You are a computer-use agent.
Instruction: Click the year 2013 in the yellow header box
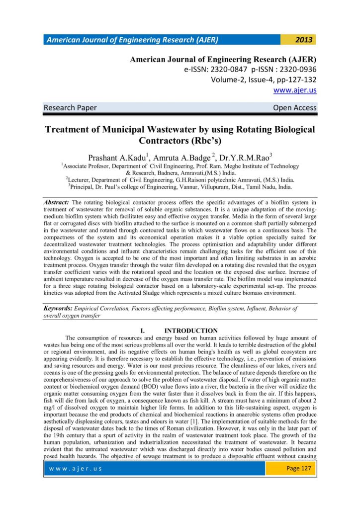point(303,40)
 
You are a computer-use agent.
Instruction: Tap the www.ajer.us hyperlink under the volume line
point(295,90)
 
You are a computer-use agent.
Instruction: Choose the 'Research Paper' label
point(71,107)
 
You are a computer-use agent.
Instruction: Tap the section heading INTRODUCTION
point(191,331)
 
